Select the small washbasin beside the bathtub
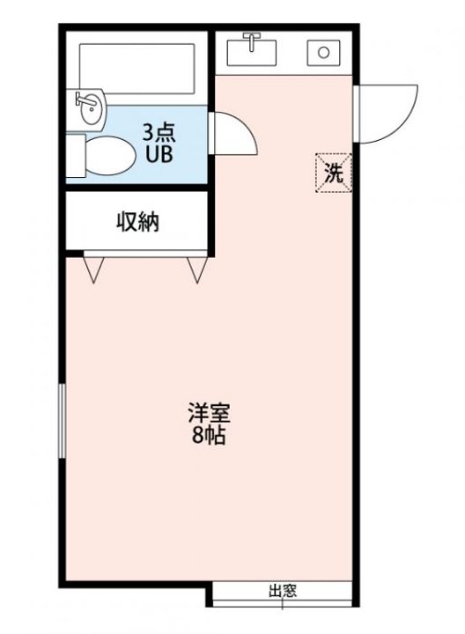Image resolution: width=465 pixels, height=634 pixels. coord(89,107)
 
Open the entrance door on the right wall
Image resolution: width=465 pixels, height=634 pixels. coord(387,110)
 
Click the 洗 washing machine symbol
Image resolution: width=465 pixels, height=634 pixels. coord(334,171)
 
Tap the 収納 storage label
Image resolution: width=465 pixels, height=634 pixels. coord(137,222)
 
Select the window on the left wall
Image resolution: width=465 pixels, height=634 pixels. coord(62,420)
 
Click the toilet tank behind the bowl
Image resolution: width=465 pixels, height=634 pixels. coord(77,156)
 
